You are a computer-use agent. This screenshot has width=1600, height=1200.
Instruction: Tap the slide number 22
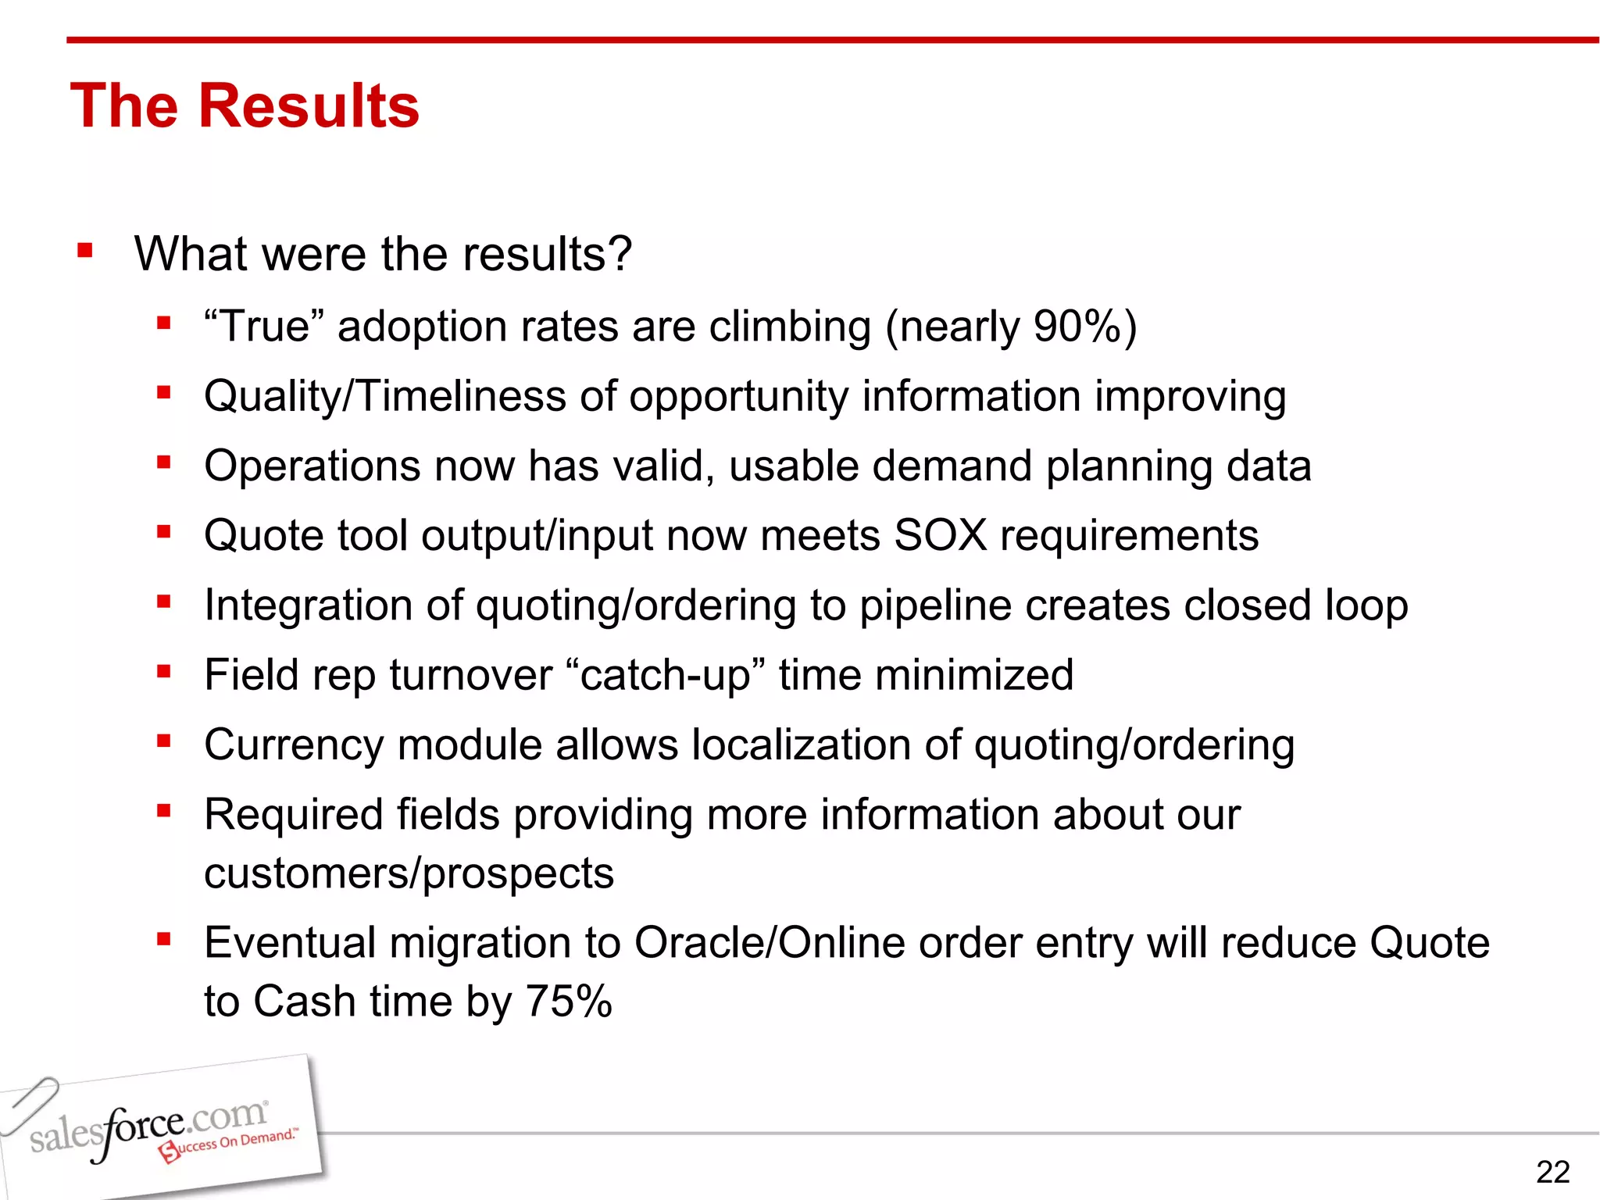[1552, 1172]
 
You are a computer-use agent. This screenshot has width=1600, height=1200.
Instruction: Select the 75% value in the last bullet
[568, 1001]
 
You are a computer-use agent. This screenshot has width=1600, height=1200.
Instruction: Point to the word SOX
[941, 535]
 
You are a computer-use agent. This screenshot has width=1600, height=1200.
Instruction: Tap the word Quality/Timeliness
[384, 396]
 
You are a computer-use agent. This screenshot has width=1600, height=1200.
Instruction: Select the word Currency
[294, 745]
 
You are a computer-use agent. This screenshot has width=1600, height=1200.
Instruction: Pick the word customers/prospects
[409, 873]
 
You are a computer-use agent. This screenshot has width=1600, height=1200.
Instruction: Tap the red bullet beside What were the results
[85, 252]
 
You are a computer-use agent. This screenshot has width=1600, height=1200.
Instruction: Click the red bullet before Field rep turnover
[163, 672]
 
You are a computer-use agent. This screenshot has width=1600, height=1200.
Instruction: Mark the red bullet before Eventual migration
[163, 939]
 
